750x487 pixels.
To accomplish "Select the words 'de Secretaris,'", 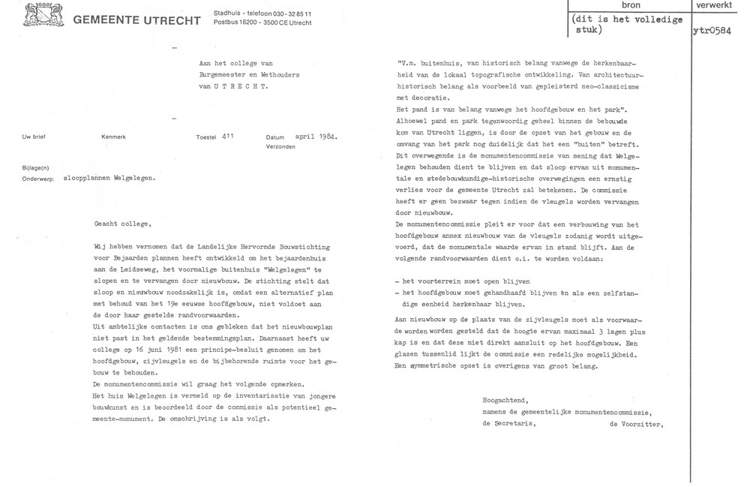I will pos(508,423).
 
